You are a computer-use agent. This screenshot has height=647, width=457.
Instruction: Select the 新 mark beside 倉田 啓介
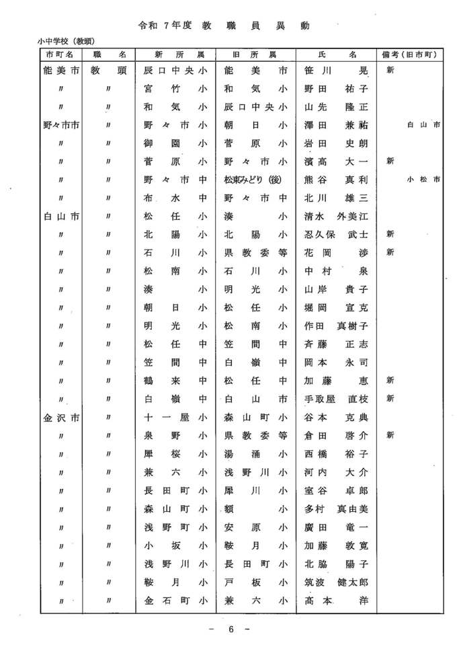coord(390,435)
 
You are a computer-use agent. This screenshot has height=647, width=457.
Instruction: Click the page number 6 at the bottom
coord(230,630)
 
